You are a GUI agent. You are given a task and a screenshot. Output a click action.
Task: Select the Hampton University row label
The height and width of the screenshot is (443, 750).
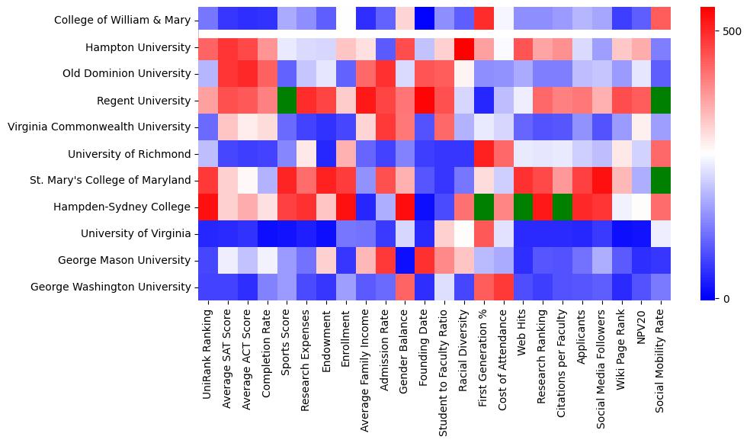[136, 47]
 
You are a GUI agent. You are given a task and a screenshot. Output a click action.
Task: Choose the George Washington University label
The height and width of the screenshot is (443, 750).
[110, 287]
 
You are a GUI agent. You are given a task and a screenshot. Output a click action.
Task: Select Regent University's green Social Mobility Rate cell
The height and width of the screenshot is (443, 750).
[662, 101]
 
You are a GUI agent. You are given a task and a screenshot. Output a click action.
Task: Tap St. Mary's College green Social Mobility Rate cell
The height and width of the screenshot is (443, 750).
[662, 181]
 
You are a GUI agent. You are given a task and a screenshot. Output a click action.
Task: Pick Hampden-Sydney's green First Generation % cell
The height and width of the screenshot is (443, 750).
[485, 207]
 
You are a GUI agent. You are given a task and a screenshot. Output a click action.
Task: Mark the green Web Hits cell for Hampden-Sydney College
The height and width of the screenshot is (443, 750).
[524, 207]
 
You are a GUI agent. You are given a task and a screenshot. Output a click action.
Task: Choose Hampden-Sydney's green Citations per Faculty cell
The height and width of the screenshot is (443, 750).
[564, 207]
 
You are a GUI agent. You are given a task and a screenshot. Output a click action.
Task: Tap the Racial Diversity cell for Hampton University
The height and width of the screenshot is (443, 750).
[465, 47]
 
